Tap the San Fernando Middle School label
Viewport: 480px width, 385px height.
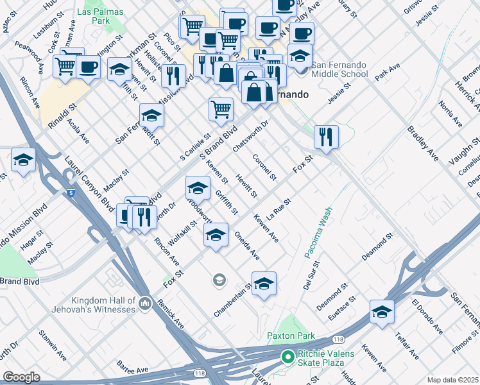[x=339, y=69]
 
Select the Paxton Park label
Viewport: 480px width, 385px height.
[x=291, y=336]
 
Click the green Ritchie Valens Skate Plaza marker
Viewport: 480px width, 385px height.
[x=287, y=356]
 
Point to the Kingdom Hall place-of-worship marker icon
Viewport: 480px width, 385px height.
[x=145, y=302]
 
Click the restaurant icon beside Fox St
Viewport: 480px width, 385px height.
[x=326, y=137]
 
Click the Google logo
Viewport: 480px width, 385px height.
[x=21, y=377]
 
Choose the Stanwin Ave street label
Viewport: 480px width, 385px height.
[x=52, y=345]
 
